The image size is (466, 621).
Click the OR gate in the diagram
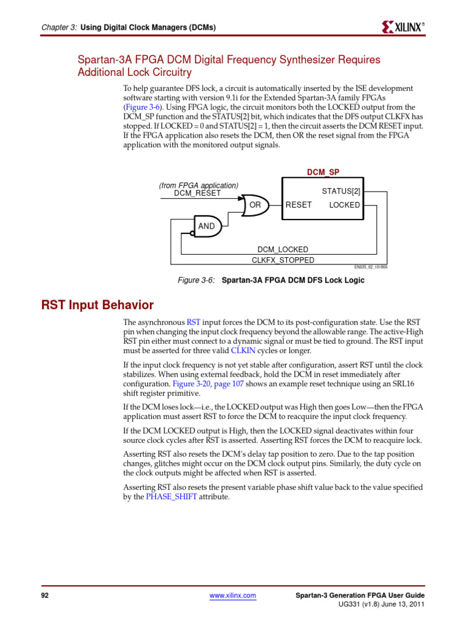tap(254, 205)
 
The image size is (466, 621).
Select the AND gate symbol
tap(207, 226)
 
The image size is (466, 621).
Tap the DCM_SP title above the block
tap(323, 172)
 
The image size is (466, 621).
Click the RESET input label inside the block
tap(299, 205)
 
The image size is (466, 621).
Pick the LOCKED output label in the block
tap(344, 205)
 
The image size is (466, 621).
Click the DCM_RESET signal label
tap(197, 193)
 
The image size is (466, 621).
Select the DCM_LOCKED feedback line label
tap(283, 249)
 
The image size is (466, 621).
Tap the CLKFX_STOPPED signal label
tap(283, 260)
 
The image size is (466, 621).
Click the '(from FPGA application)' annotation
tap(198, 186)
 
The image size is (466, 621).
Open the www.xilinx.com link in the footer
tap(232, 596)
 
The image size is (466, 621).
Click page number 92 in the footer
tap(44, 596)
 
